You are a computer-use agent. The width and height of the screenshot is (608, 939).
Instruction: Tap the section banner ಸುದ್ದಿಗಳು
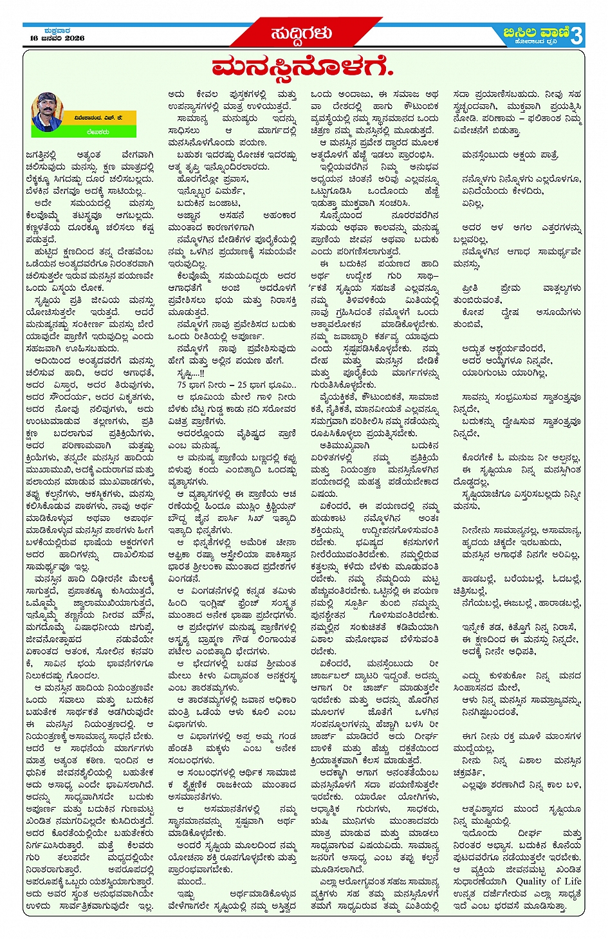(x=301, y=33)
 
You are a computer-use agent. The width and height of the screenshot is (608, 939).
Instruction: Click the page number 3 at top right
(x=576, y=35)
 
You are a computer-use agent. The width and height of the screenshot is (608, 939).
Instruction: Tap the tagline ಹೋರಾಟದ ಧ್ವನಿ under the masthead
(x=536, y=43)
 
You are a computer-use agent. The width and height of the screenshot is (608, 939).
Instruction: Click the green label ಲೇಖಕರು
(x=99, y=131)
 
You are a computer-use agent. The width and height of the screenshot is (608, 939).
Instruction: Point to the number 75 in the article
(x=182, y=385)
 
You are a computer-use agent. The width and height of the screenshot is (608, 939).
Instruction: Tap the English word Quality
(x=531, y=881)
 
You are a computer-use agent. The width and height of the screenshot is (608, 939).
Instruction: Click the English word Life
(x=572, y=881)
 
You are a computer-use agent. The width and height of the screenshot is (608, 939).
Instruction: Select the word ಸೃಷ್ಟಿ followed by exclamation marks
(x=189, y=373)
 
